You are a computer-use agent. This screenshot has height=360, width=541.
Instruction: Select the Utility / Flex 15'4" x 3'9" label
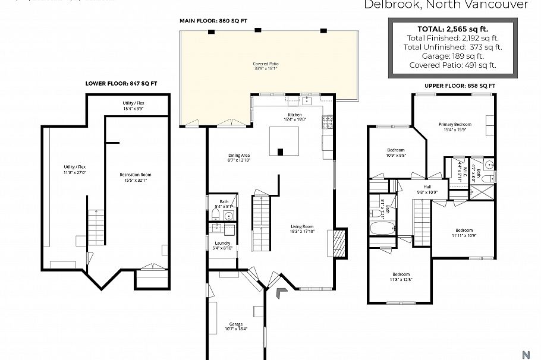pyautogui.click(x=134, y=106)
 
